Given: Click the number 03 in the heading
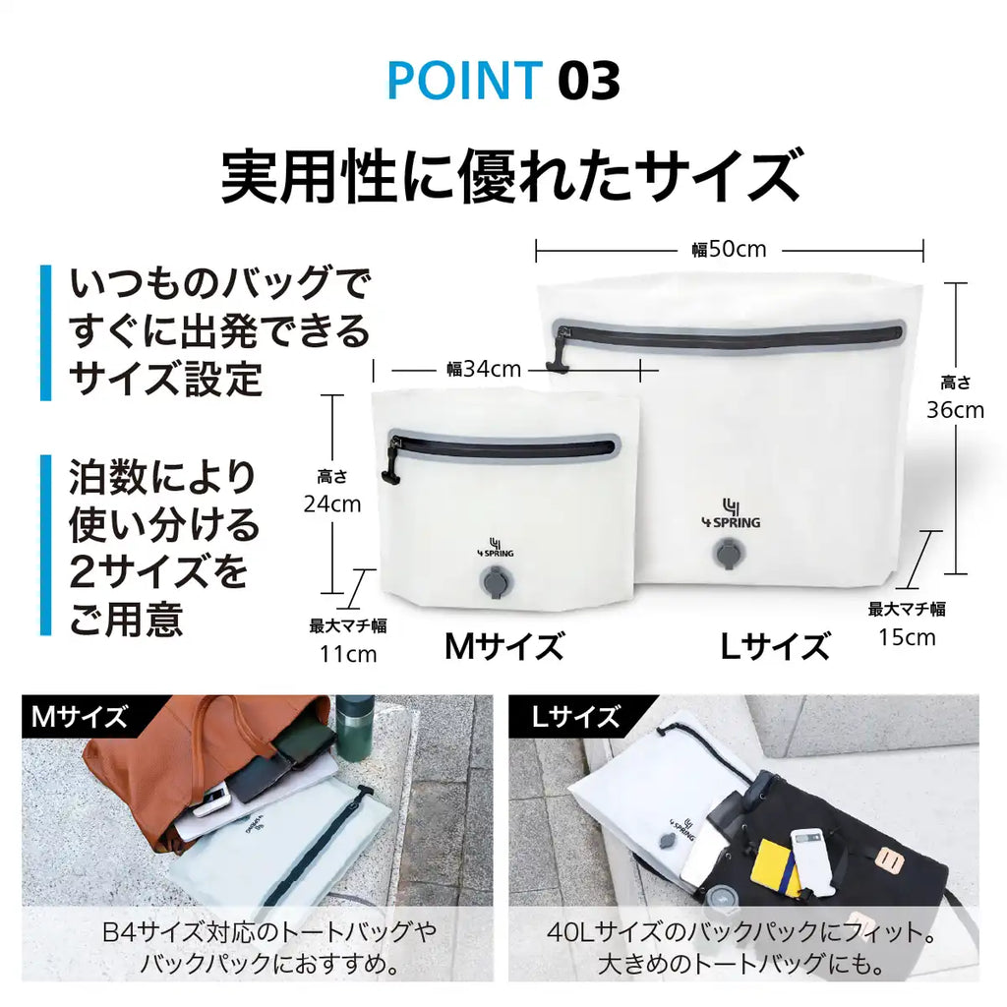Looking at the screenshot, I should (589, 83).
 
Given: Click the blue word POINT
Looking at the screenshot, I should (465, 83).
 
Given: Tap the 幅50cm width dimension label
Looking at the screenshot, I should (729, 250).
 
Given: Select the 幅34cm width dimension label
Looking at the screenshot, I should (484, 370).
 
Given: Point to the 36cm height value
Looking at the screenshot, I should (955, 410).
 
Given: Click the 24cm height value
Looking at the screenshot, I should (331, 504).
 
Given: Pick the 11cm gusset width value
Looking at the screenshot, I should (348, 653).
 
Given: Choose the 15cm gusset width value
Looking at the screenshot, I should (907, 636).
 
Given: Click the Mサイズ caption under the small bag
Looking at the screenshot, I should (504, 646).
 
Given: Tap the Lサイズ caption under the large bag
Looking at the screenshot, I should (775, 646).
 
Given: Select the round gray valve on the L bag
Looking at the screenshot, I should (729, 557).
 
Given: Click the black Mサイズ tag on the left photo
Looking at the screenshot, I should (80, 716).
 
